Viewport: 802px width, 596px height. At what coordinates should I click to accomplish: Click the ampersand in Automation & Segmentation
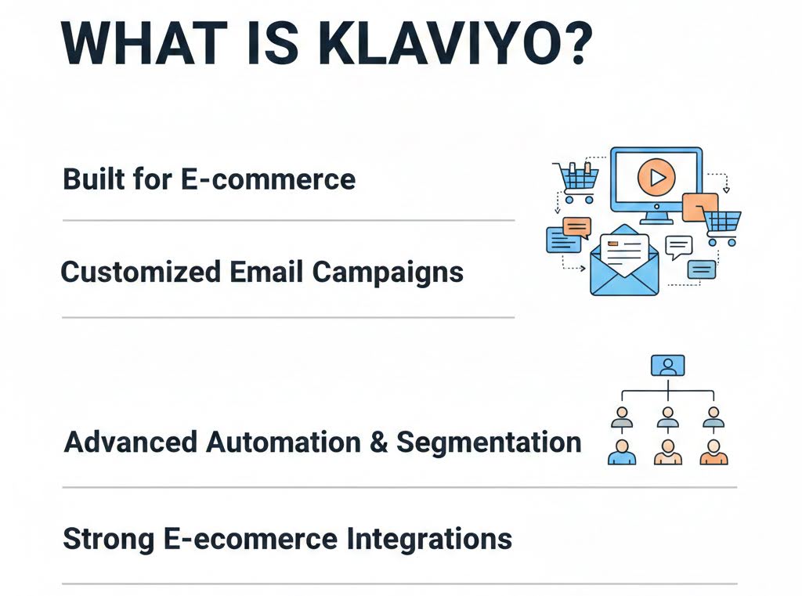tap(378, 442)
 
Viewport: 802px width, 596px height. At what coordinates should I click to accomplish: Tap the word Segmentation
tap(490, 442)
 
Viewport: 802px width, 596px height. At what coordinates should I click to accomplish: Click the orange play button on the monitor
tap(656, 179)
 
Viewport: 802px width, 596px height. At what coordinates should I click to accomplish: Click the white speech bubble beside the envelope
tap(678, 246)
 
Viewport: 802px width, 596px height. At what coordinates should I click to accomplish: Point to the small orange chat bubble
tap(576, 228)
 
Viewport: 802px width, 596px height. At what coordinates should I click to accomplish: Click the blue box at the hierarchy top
tap(667, 365)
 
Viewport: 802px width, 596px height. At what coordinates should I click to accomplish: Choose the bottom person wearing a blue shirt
tap(622, 453)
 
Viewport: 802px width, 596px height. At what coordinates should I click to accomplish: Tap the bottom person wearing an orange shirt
tap(713, 453)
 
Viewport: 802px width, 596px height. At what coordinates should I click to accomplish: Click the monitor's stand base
tap(656, 221)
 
